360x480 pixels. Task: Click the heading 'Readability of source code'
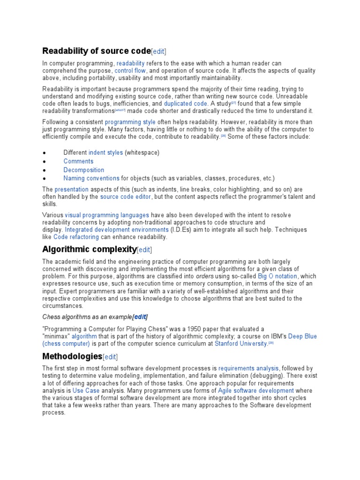coord(97,51)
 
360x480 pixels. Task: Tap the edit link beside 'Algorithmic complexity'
coord(144,249)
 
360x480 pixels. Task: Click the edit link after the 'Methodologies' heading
coord(110,357)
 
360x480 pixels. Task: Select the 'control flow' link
coord(130,71)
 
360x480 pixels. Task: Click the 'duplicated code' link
coord(185,104)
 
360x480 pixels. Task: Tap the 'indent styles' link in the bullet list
coord(105,152)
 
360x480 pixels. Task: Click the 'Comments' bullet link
coord(78,161)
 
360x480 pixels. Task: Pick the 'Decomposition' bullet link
coord(84,170)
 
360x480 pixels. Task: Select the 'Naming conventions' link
coord(91,178)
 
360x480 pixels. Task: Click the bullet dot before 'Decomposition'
coord(44,170)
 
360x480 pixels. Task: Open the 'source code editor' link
coord(126,197)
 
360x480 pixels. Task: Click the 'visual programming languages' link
coord(107,215)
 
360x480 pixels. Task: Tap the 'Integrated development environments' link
coord(117,230)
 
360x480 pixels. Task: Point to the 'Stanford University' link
coord(241,344)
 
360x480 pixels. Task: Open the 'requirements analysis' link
coord(248,368)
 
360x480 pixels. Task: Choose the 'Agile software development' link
coord(256,390)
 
